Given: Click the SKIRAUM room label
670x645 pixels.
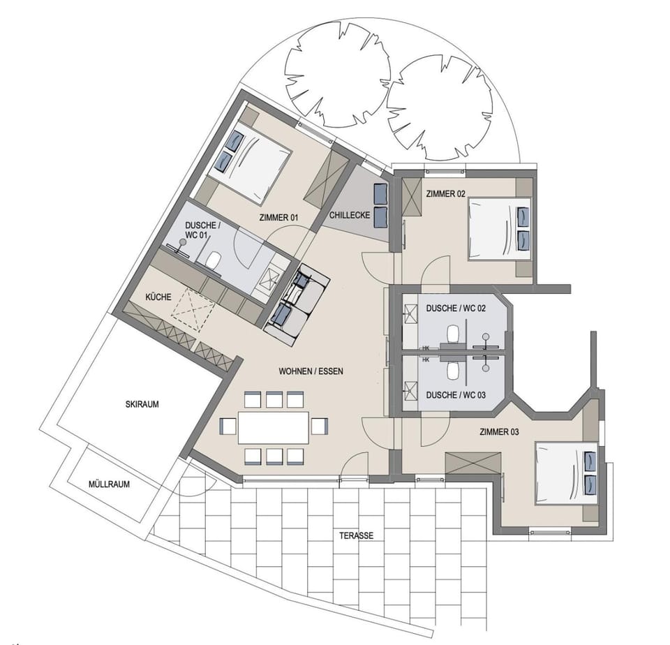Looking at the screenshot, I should point(148,404).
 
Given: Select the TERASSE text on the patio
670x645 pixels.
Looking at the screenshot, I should point(357,536).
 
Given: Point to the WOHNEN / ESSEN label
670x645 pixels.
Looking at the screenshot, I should point(311,371).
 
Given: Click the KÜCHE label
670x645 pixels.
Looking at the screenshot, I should point(158,297).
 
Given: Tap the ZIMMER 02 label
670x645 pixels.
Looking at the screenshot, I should point(447,194).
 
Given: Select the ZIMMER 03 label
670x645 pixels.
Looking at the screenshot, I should point(499,432).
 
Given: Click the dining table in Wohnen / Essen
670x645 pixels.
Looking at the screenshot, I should point(273,427).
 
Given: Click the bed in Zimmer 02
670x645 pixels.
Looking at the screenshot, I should point(500,229).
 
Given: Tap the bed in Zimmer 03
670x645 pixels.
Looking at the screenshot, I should point(566,473).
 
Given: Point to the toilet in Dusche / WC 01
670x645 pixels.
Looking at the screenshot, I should point(214,261).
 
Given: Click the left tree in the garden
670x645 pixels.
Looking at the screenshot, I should point(338,75).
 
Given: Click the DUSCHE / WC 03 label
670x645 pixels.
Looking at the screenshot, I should point(455,394).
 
